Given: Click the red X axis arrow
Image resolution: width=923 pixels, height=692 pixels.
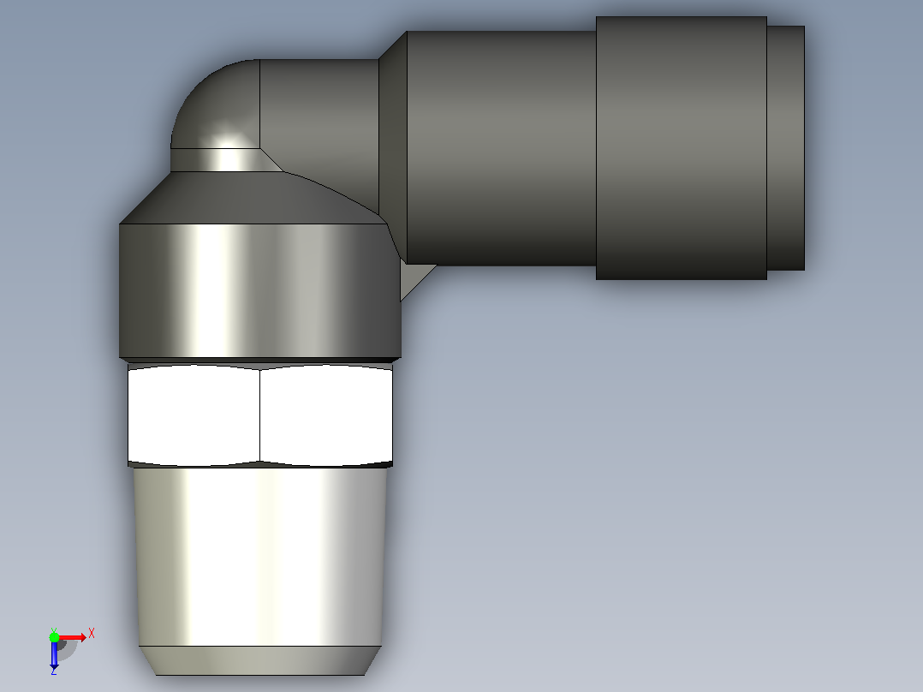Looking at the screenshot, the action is coord(72,637).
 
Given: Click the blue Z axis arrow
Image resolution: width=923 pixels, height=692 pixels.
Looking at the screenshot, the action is coord(54,654).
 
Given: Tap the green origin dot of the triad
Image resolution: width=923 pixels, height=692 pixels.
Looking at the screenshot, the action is coord(54,637).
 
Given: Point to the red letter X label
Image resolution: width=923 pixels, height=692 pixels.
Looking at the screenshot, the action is coord(92,634).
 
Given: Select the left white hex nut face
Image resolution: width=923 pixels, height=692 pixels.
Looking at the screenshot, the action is coord(194,415).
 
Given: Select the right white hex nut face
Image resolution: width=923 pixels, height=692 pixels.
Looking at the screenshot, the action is coord(326,415).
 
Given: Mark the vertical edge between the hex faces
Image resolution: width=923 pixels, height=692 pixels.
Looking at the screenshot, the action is coord(260,415).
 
